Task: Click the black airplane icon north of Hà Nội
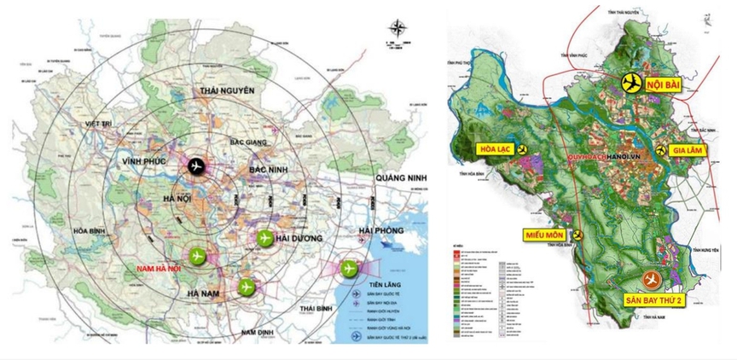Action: point(197,166)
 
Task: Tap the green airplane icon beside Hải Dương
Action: point(264,237)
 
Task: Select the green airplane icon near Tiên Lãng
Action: point(348,269)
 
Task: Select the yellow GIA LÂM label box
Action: point(695,150)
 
